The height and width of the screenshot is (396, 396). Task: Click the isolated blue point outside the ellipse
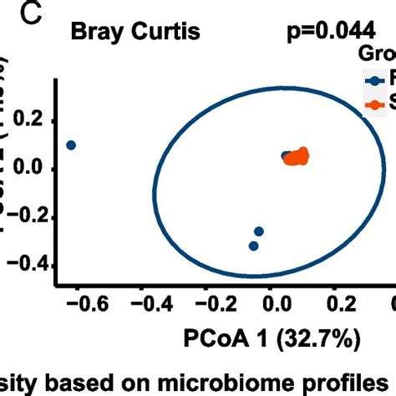(x=71, y=145)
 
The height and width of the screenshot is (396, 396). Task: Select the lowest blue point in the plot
(x=253, y=246)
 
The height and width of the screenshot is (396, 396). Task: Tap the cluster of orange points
(x=296, y=156)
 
